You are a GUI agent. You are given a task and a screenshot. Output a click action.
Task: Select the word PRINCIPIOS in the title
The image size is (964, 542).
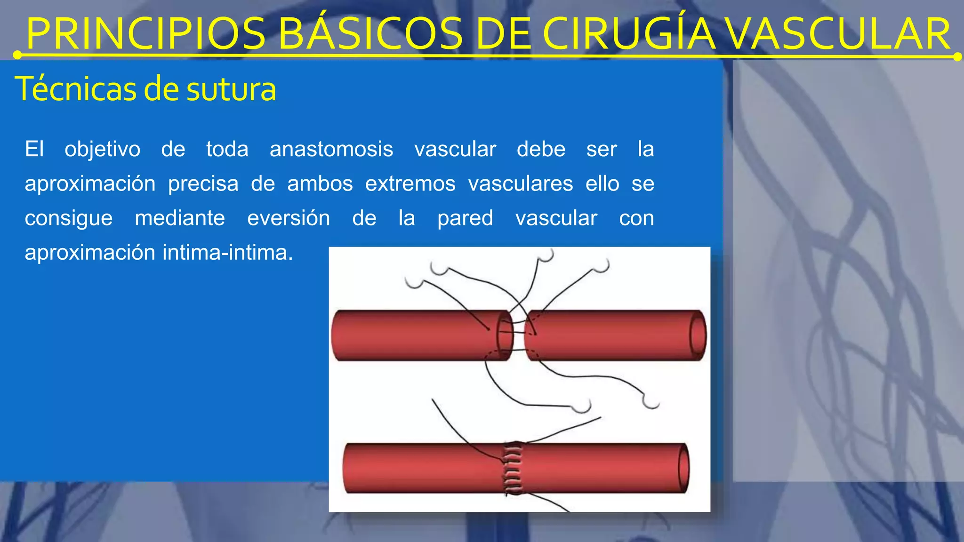tap(146, 34)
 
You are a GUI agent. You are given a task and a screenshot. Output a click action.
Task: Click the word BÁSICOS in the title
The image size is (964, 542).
tap(371, 34)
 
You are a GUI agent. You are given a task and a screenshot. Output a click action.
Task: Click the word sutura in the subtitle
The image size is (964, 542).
tap(231, 89)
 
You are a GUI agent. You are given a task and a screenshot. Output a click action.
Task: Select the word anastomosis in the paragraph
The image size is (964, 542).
tap(331, 150)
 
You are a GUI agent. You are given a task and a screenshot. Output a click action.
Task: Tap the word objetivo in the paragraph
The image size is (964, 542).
tap(102, 150)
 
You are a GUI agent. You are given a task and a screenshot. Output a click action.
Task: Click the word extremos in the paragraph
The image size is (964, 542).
tap(410, 184)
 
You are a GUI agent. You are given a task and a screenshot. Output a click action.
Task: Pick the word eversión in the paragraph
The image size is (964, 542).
tap(289, 218)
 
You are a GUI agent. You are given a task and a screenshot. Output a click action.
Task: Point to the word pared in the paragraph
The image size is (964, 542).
tap(465, 218)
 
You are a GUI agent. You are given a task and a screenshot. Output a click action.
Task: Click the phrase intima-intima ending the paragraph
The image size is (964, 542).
tap(228, 253)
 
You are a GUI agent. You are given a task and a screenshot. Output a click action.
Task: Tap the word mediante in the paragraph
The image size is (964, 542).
tap(180, 218)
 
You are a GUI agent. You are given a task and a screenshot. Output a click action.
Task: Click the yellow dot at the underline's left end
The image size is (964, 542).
tap(17, 56)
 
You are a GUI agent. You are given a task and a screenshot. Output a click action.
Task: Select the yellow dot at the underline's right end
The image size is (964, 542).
tap(957, 57)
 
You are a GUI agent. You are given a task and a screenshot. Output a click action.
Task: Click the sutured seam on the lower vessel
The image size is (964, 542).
tap(513, 468)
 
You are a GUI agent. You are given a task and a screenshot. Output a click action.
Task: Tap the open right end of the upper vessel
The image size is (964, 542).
tap(698, 335)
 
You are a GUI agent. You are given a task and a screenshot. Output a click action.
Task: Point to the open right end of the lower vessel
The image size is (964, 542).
tap(683, 469)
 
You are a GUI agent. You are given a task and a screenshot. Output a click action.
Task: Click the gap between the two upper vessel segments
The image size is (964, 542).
tap(519, 335)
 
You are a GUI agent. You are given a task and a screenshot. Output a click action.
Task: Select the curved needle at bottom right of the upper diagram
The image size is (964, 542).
tap(651, 403)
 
